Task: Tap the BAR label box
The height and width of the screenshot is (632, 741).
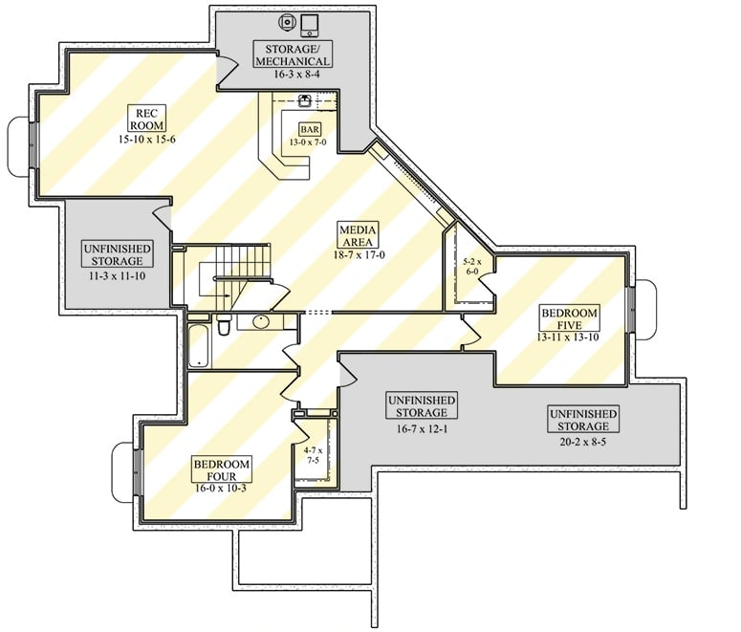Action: coord(309,128)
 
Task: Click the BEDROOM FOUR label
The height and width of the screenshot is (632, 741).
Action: coord(221,470)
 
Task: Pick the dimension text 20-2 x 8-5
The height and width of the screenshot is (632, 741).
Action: coord(582,443)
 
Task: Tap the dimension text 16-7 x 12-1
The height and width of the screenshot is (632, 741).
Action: coord(421,428)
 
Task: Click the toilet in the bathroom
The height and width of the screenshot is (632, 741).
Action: coord(223,327)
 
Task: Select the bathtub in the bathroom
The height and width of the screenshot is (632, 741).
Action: coord(198,345)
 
